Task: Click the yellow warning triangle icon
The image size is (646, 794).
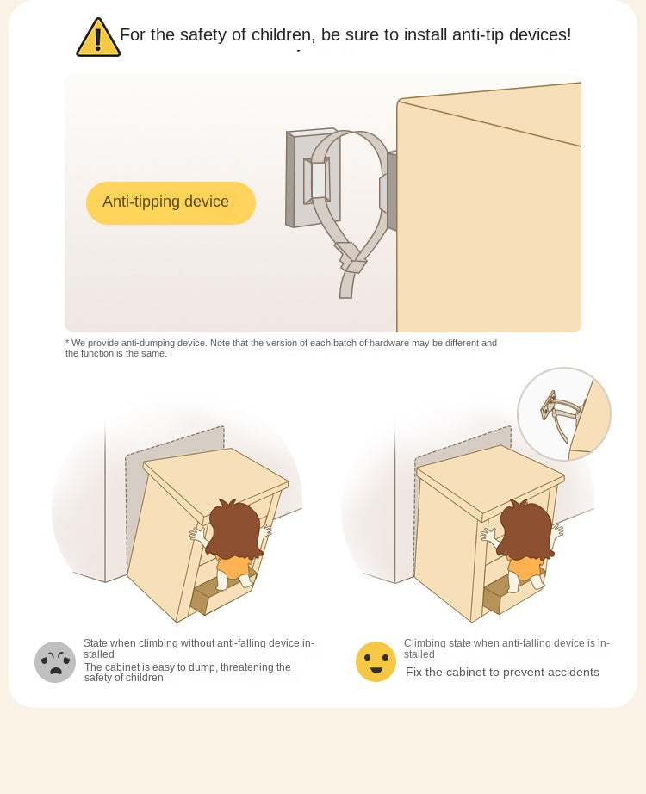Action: point(98,38)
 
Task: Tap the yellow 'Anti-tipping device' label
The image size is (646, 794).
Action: point(171,202)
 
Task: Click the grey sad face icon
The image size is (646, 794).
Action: point(55,662)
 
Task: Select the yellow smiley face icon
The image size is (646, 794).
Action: point(376,661)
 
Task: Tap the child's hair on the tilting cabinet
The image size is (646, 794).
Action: point(234,529)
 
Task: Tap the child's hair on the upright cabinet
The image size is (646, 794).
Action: point(525,529)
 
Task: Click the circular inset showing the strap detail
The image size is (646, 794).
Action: point(564,413)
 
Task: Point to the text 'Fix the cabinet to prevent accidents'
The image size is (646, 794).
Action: point(502,672)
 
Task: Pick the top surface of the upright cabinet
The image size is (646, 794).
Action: point(490,479)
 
